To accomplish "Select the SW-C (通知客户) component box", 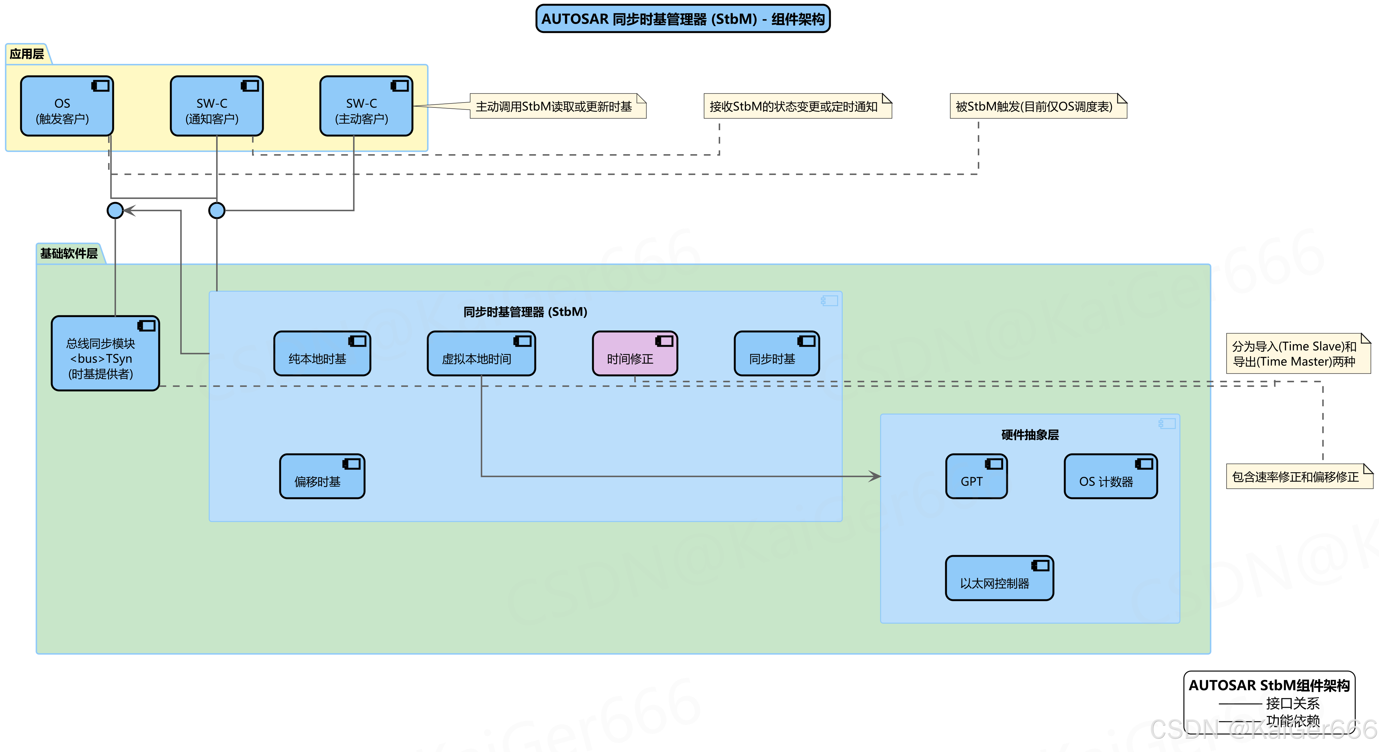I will pos(216,106).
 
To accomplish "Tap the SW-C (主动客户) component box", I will pos(366,106).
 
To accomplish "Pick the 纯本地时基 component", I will pos(322,353).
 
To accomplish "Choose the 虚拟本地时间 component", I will pos(481,353).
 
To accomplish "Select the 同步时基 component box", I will pos(776,353).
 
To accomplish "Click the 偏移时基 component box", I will pos(322,476).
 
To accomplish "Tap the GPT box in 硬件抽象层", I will pos(976,476).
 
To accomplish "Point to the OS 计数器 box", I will pos(1110,476).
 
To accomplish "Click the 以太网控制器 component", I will pos(999,578).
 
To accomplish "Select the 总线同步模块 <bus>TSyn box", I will pos(105,353).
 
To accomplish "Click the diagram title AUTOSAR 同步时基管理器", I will pos(682,19).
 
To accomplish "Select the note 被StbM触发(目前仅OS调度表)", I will pos(1037,106).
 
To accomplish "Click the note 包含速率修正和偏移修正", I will pos(1299,476).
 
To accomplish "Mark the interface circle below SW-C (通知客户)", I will pos(216,211).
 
